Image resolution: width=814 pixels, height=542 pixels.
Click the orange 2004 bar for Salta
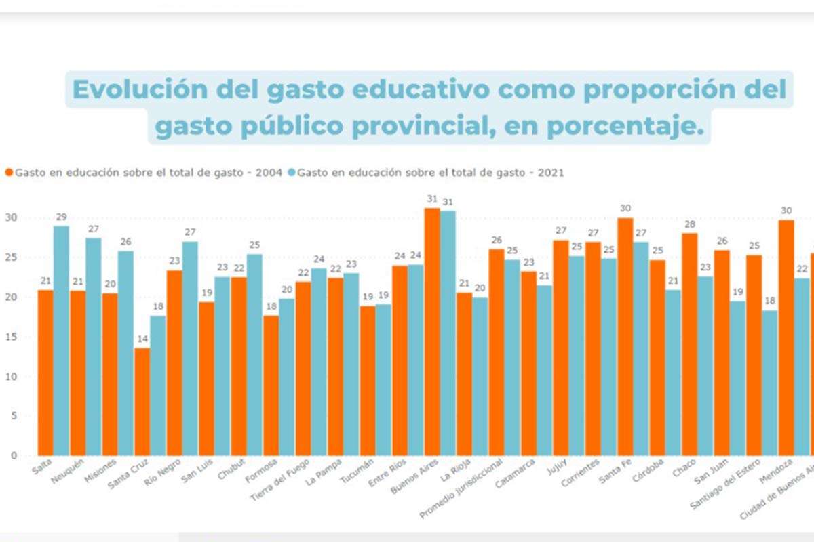[x=46, y=373]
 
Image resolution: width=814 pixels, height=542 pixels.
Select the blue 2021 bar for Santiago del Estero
[x=737, y=379]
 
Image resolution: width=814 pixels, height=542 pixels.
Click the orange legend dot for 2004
[x=9, y=173]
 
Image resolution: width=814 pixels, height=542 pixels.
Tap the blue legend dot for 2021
[x=291, y=173]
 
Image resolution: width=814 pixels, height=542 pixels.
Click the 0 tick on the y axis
[x=13, y=456]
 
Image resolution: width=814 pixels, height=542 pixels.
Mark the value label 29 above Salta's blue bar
[x=62, y=217]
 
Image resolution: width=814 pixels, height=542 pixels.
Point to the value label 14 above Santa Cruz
[x=142, y=339]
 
